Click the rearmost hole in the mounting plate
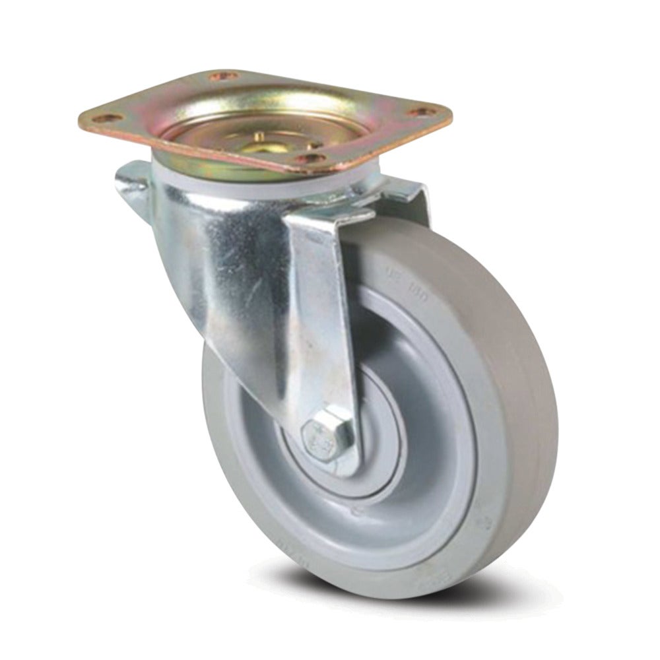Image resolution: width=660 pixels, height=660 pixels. [222, 77]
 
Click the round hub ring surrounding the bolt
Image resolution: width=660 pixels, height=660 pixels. [370, 462]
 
